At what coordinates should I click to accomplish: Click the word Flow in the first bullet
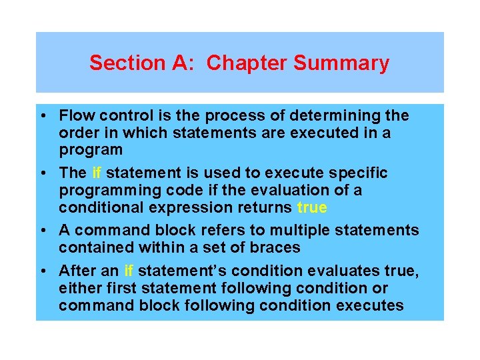pos(74,116)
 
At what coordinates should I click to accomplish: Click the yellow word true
pos(312,207)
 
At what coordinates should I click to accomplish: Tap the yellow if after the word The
pos(97,173)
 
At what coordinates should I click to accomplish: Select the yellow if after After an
pos(129,271)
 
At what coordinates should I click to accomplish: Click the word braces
pos(273,248)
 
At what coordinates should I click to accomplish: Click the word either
pos(78,289)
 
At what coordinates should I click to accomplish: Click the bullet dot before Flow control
pos(42,116)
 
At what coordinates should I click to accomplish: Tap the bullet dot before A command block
pos(42,231)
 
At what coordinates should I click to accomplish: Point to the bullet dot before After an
pos(42,271)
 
